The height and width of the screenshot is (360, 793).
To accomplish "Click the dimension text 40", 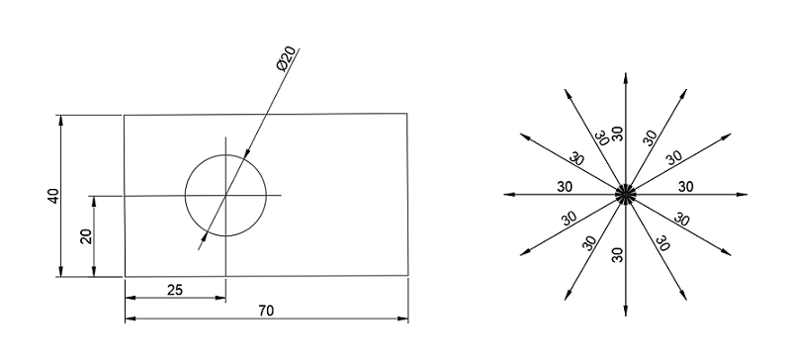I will (54, 196).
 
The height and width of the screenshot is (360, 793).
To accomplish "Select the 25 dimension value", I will (174, 289).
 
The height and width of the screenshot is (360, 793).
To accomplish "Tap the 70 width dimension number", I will (266, 311).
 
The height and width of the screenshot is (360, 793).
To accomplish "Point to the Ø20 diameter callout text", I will (284, 60).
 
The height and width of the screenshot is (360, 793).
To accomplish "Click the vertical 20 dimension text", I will (86, 236).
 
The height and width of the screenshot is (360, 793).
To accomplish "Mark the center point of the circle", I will (225, 196).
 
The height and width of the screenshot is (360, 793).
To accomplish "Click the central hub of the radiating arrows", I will (625, 194).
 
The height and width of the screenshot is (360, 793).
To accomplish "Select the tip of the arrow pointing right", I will (749, 194).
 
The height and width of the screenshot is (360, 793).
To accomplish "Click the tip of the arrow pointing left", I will (502, 194).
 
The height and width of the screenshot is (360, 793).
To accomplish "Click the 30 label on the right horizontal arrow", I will (685, 186).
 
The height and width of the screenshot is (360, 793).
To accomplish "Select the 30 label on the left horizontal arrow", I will (566, 186).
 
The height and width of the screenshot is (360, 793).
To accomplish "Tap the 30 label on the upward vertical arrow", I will (618, 134).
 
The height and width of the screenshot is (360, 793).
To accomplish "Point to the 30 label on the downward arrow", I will (618, 253).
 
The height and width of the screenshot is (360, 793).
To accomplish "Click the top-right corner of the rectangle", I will (407, 114).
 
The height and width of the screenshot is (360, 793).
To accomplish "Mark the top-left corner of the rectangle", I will (124, 116).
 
